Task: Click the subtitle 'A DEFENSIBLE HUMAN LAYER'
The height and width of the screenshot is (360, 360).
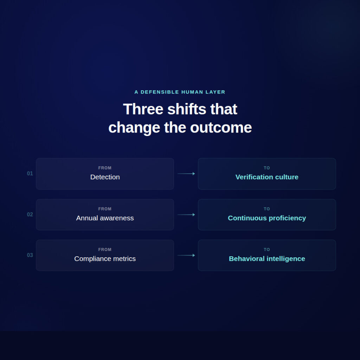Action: (x=180, y=92)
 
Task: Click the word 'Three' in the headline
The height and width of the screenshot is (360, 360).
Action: (x=143, y=109)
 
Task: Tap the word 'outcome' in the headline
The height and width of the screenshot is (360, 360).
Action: (x=221, y=128)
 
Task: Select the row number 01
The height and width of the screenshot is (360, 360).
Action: (x=30, y=174)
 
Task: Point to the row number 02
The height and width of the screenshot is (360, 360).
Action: (x=30, y=214)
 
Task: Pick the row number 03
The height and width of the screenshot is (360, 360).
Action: (x=30, y=255)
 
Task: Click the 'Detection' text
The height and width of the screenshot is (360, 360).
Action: (x=105, y=177)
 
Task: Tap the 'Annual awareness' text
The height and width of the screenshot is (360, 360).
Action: (x=105, y=218)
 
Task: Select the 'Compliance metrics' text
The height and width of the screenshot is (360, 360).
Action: (x=105, y=259)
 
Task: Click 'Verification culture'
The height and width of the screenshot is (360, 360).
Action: (x=267, y=177)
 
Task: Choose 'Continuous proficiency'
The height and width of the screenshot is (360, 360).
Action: (x=267, y=218)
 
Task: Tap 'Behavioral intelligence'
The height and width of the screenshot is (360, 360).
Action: (x=267, y=259)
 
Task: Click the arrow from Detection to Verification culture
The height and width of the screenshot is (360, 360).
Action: (x=186, y=174)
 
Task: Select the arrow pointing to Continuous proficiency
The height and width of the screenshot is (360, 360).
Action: (x=186, y=214)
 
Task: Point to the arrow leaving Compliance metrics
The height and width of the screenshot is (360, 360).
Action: (x=186, y=255)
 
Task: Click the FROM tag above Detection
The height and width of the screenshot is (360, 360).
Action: (x=105, y=168)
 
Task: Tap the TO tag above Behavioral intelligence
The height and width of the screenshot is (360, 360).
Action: (x=267, y=250)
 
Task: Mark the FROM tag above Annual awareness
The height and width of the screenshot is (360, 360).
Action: (x=105, y=209)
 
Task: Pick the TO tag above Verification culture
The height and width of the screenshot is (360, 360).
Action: (x=267, y=168)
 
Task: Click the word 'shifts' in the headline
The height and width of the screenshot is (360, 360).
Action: (x=187, y=109)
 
